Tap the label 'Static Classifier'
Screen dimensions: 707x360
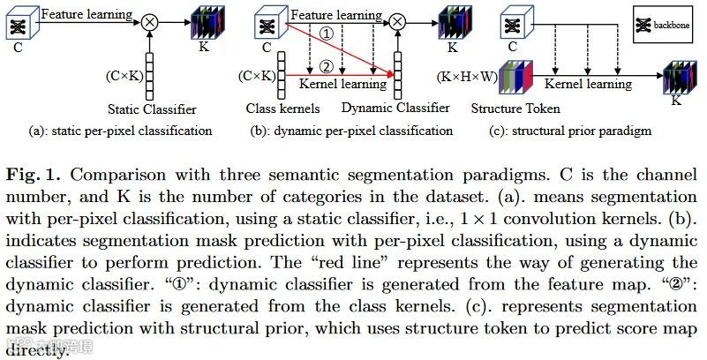(x=152, y=110)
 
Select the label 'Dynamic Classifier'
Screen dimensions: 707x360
(x=395, y=109)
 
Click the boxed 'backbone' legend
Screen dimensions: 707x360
(x=663, y=26)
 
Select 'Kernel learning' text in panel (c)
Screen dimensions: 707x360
(x=588, y=85)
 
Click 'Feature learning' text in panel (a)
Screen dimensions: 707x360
(x=86, y=14)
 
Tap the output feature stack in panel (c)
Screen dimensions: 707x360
(x=680, y=79)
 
